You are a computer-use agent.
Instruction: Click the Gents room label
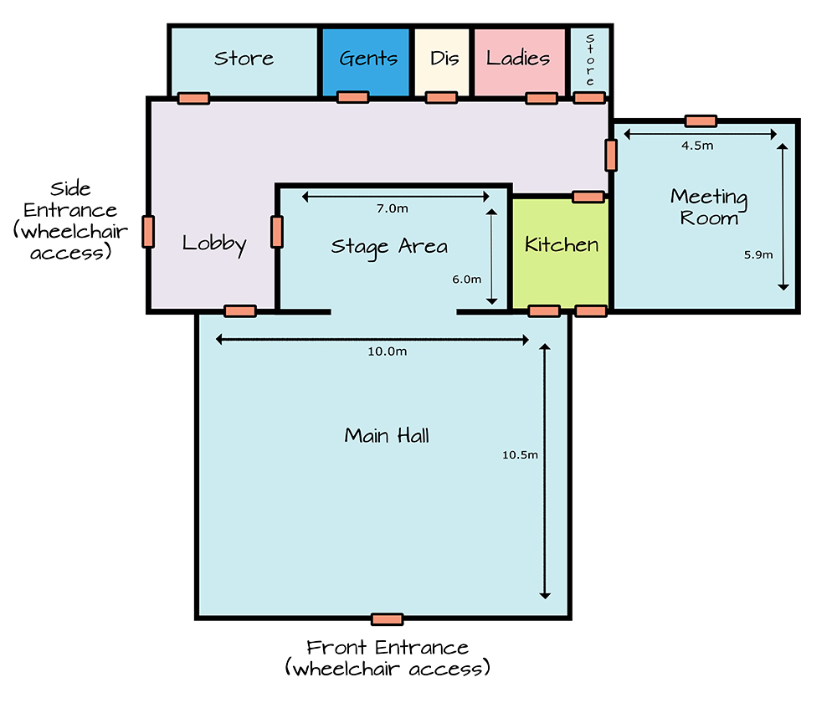[x=368, y=58]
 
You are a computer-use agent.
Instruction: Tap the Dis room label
[x=444, y=58]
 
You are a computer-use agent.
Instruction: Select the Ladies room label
[x=518, y=58]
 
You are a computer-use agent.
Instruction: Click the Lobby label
[x=214, y=244]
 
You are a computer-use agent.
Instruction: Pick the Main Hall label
[x=387, y=435]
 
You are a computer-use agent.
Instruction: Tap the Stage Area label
[x=389, y=248]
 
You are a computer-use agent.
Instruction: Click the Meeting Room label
[x=709, y=207]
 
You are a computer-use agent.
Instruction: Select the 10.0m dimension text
[x=387, y=351]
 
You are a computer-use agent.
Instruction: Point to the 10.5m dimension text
[x=520, y=454]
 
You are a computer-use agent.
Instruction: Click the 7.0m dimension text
[x=393, y=208]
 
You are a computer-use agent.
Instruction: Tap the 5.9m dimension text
[x=758, y=254]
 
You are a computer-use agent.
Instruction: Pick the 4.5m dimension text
[x=697, y=145]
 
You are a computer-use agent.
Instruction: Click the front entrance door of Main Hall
[x=387, y=619]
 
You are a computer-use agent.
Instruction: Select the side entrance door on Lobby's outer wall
[x=148, y=232]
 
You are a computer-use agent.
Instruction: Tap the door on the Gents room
[x=353, y=97]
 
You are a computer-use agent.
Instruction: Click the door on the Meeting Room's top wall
[x=701, y=121]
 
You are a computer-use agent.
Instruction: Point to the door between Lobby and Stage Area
[x=277, y=232]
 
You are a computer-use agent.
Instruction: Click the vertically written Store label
[x=590, y=59]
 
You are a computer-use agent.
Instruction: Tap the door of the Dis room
[x=441, y=97]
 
